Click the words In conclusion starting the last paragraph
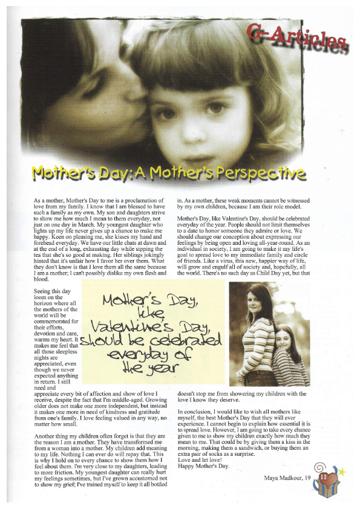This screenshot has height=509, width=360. [197, 411]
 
